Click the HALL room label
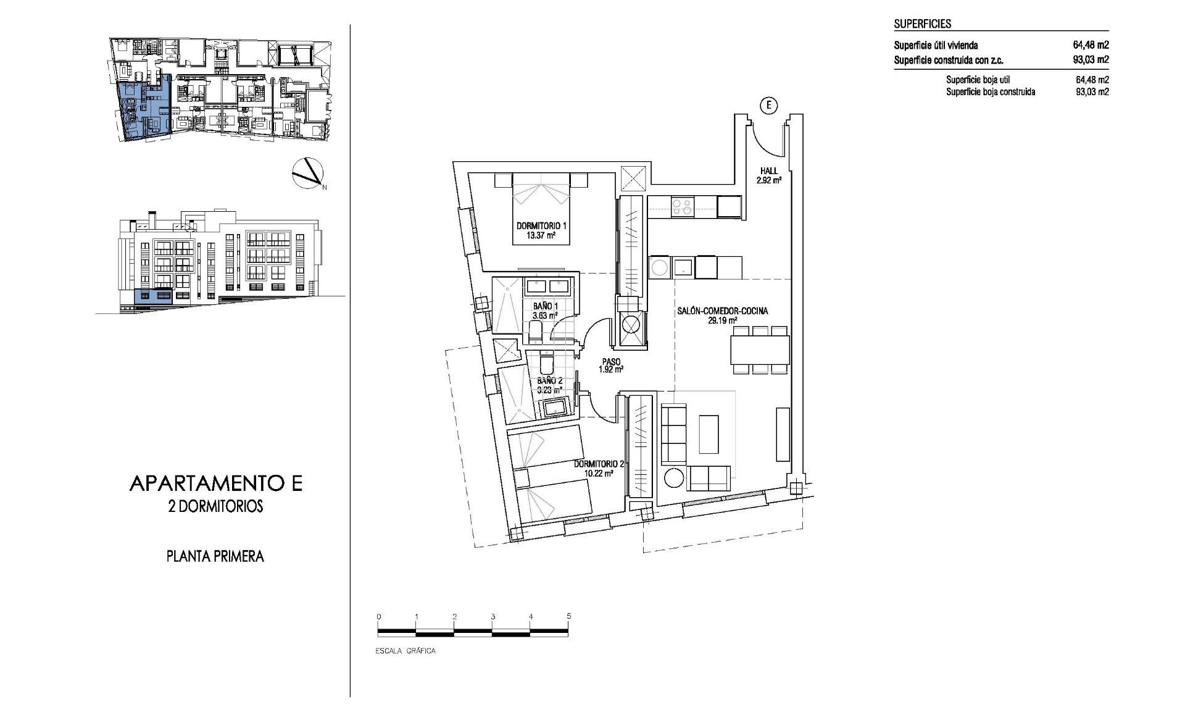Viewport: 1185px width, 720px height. (769, 171)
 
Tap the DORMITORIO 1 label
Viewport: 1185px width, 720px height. (541, 226)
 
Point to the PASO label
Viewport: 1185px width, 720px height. (612, 362)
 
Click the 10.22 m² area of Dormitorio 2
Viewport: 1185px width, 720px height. (599, 473)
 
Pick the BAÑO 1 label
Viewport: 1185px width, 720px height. (545, 306)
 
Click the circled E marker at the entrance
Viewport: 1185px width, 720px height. (769, 106)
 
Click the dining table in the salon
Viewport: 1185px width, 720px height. (760, 350)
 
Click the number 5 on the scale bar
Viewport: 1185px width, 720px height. (569, 616)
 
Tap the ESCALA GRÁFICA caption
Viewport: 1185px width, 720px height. (405, 651)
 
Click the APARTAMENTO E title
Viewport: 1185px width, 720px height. (216, 483)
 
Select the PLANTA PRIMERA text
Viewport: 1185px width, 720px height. (215, 556)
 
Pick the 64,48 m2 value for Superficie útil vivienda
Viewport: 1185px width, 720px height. (1091, 45)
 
